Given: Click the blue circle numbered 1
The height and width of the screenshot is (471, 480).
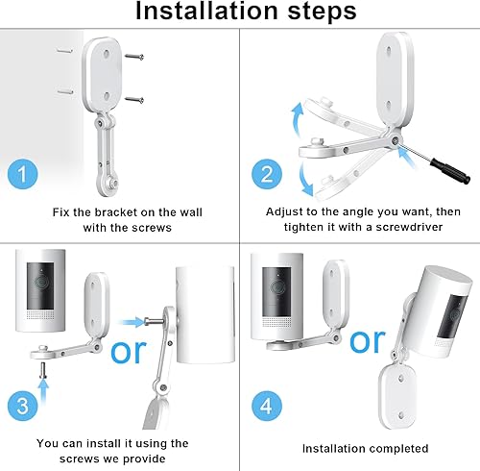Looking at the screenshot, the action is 23,174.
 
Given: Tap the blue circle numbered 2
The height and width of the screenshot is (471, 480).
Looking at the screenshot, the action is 267,174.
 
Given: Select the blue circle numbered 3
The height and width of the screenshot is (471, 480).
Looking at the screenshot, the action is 23,406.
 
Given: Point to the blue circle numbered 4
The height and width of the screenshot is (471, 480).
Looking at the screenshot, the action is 267,406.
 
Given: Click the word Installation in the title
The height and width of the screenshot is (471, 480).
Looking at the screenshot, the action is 207,11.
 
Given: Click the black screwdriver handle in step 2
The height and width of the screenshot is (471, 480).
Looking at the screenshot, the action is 450,170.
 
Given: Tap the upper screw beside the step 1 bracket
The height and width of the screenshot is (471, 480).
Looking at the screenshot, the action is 134,57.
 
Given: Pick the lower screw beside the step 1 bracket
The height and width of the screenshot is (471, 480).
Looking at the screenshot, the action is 134,100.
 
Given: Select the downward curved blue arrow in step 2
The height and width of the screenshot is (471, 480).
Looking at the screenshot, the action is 304,180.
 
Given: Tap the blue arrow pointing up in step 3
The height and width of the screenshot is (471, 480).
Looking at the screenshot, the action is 43,393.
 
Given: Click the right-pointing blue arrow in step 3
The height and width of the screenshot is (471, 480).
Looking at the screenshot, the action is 132,322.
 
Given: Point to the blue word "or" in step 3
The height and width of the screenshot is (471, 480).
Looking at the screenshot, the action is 129,352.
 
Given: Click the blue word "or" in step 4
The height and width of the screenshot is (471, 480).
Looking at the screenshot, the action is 368,341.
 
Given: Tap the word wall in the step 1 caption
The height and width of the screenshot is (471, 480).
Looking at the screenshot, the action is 191,212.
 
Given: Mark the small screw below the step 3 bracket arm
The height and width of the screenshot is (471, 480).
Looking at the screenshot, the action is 43,370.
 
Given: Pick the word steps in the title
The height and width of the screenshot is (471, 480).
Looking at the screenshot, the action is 323,12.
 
